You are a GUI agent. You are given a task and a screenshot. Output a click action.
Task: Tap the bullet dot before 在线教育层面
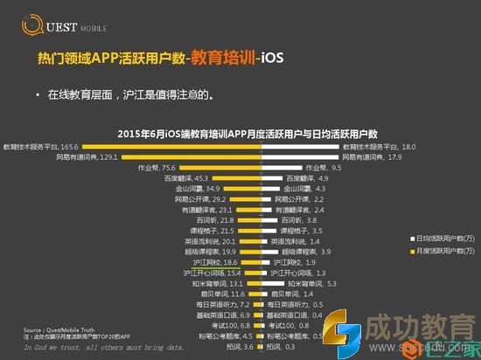tap(38, 93)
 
